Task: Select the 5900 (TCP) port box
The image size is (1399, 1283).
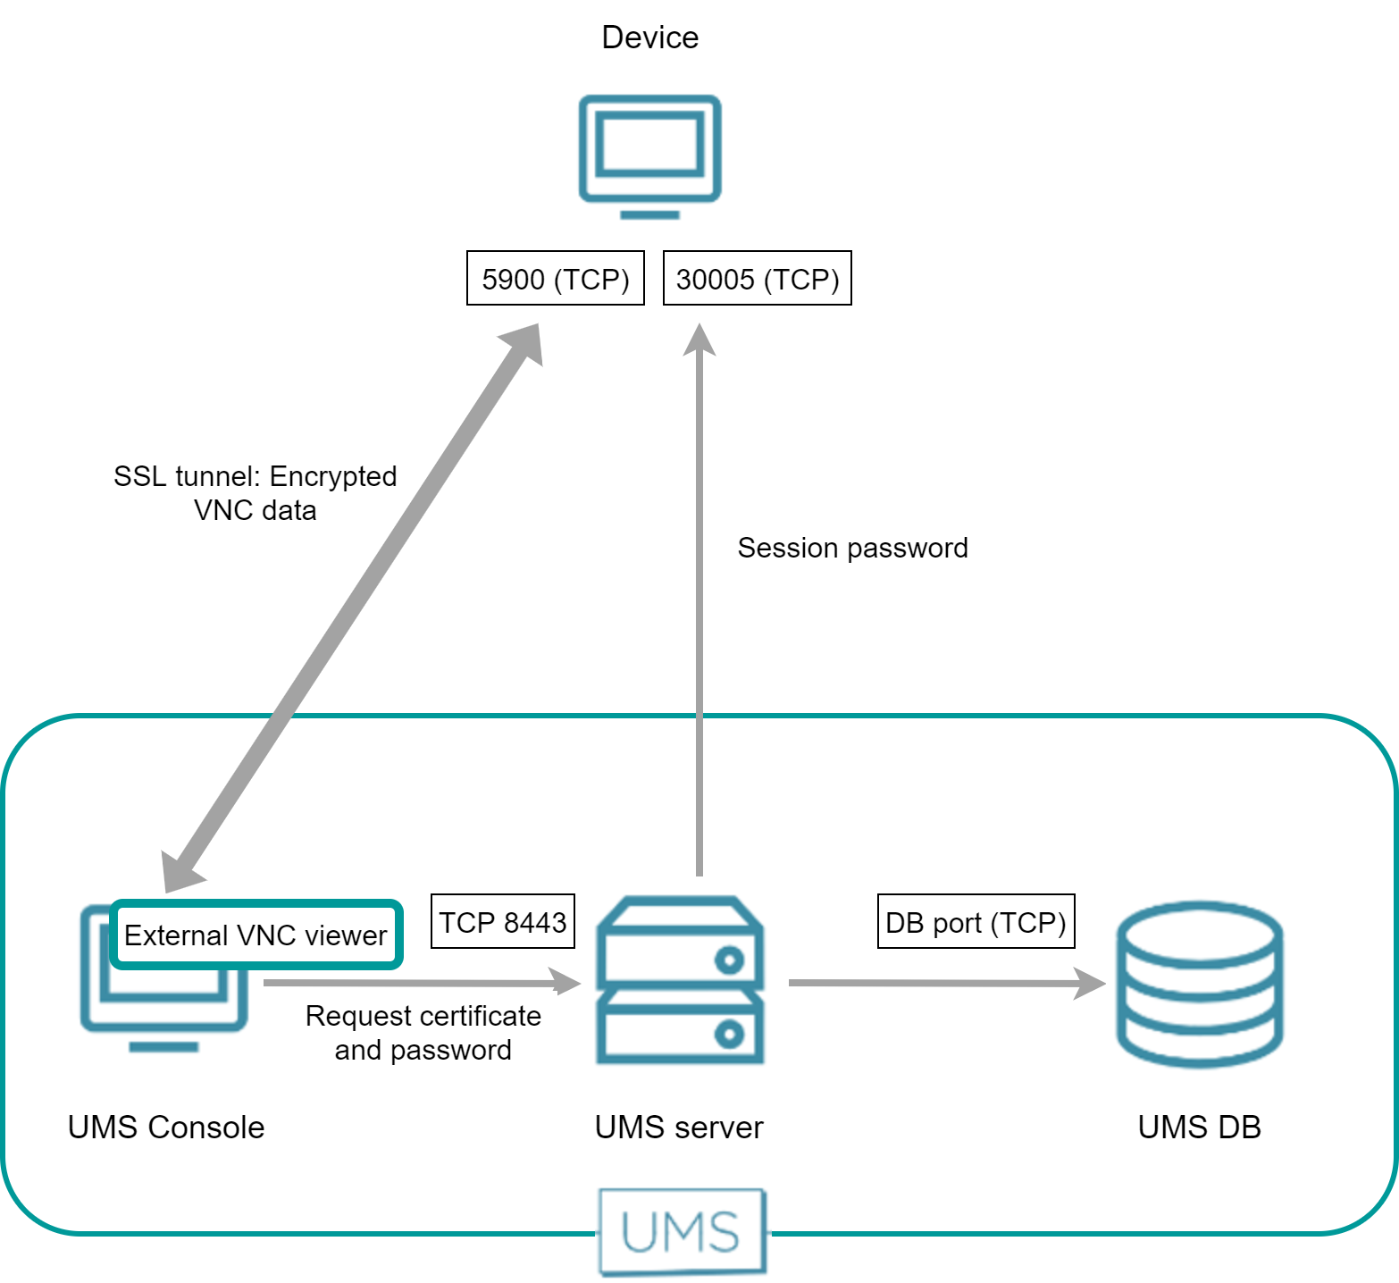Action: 555,279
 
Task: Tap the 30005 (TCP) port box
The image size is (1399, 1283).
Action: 757,279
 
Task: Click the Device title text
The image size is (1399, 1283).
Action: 649,38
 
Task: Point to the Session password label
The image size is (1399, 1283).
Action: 852,548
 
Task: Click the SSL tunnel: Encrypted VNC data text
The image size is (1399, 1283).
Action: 255,493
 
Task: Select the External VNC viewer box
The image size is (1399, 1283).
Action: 256,935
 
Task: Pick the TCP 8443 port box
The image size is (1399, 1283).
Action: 502,921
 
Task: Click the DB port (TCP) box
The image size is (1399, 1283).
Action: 976,921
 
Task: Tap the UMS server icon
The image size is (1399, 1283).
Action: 680,980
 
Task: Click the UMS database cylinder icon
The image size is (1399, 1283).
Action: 1199,984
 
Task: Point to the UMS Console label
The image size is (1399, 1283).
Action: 166,1128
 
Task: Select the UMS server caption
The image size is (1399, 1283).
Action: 679,1128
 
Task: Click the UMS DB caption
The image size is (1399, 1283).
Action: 1199,1128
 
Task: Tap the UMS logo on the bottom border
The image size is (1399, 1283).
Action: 682,1232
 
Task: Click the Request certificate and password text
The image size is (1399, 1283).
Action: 423,1033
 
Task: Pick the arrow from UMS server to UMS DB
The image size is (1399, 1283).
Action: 947,983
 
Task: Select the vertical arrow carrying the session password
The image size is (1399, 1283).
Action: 699,608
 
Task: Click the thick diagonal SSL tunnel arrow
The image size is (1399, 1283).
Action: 353,608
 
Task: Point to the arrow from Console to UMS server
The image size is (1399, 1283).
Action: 420,983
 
